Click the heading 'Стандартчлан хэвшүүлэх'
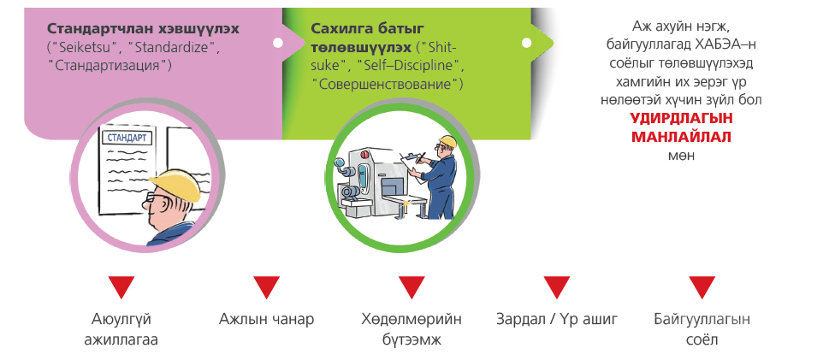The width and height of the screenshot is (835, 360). point(143,29)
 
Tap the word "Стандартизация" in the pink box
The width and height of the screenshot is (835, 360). point(110,66)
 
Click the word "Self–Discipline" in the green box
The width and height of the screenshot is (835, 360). point(408,66)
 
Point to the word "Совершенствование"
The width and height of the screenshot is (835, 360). point(388,84)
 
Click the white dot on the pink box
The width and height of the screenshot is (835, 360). point(277,43)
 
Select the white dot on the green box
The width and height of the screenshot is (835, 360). point(527,43)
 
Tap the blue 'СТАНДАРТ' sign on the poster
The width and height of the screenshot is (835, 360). point(127,138)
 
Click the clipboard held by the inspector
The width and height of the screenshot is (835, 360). point(413,167)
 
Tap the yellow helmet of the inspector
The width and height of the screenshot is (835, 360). point(447,140)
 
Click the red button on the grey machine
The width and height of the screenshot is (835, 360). point(364,155)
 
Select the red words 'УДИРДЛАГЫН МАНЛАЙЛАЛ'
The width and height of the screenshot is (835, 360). point(681,127)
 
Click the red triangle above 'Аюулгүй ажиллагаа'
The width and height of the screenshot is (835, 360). point(121,287)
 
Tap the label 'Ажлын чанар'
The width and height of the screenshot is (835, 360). point(266,320)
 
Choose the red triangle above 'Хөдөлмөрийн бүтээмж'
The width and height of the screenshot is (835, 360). point(412,287)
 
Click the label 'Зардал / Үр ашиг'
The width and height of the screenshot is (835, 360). point(557,320)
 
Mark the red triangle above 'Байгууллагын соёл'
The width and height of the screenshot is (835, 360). point(702,287)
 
